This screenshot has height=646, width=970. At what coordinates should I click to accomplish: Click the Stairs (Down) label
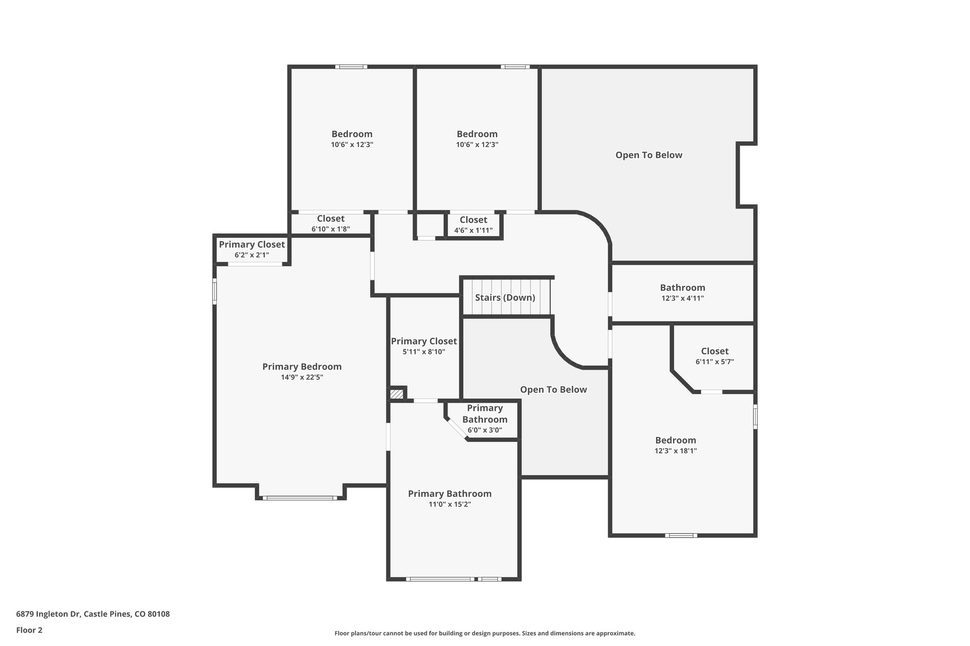(x=505, y=298)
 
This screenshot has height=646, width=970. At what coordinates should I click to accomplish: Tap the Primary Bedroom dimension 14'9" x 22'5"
(x=302, y=378)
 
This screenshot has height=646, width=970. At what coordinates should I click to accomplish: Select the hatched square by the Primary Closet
(x=396, y=394)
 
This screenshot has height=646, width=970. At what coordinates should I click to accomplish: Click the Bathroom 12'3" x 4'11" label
(x=683, y=288)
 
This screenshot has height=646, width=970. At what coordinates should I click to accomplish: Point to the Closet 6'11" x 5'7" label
(x=715, y=351)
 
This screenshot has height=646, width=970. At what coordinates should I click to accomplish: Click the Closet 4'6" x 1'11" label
(x=473, y=220)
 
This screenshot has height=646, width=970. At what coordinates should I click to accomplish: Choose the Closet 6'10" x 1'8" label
(x=331, y=219)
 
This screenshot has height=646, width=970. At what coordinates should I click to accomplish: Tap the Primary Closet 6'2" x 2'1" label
(x=251, y=245)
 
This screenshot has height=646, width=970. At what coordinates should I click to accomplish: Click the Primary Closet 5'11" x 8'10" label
(x=424, y=341)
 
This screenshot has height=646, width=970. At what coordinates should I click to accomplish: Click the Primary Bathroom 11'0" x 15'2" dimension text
(x=449, y=504)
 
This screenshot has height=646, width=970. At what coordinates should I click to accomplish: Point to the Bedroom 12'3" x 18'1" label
(x=675, y=440)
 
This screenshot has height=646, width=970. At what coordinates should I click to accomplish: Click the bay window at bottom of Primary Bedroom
(x=300, y=498)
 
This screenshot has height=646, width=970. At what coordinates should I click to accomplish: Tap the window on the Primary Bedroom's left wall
(x=215, y=291)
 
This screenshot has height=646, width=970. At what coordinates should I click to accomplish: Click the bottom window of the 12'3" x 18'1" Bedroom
(x=681, y=536)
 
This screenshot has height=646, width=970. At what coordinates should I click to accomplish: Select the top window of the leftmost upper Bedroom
(x=351, y=67)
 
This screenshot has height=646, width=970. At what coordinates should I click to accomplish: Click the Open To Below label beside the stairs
(x=553, y=389)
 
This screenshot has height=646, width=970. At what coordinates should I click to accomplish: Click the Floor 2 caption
(x=29, y=630)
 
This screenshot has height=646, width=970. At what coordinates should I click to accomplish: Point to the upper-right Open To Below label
(x=648, y=155)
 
